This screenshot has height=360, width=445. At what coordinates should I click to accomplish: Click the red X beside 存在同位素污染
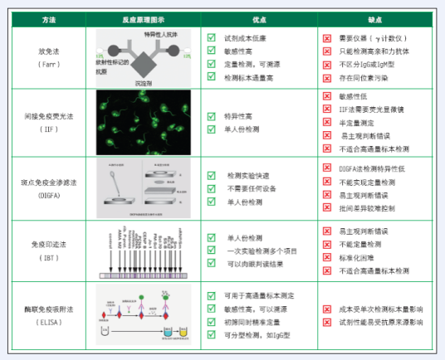pyautogui.click(x=327, y=78)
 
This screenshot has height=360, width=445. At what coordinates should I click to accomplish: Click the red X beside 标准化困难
pyautogui.click(x=327, y=258)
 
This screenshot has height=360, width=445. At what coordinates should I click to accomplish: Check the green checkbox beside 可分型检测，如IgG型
pyautogui.click(x=212, y=334)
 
